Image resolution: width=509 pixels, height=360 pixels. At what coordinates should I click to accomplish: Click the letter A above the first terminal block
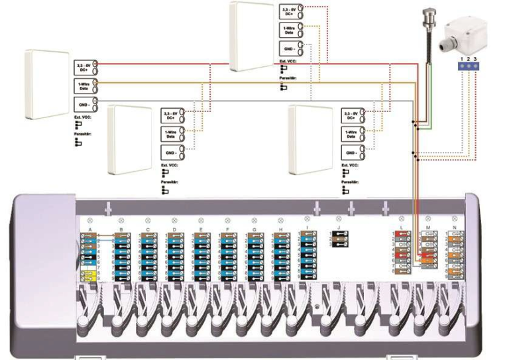coord(88,229)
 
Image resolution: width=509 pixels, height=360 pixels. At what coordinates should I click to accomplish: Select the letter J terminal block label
coord(338,228)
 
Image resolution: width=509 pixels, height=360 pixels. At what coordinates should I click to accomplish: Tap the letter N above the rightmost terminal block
coord(454,228)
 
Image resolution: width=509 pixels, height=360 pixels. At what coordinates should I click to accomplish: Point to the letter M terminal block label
coord(428,228)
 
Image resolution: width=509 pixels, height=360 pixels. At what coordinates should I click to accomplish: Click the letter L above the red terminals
coord(402,228)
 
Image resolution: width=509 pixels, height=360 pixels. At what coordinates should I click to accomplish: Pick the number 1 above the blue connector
coord(461,60)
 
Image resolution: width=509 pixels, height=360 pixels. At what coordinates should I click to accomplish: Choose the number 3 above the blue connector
coord(475,60)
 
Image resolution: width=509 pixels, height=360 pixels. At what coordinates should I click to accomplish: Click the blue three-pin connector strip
coord(468,67)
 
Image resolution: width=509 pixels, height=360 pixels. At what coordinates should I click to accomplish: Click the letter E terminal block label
coord(201,229)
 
